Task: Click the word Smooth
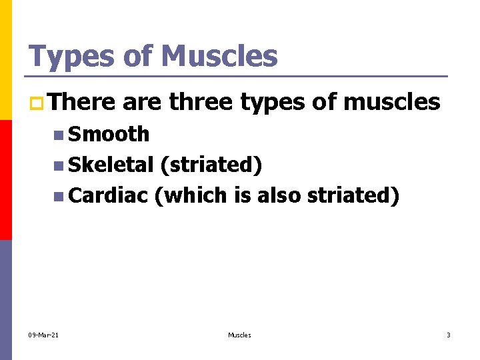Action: (x=109, y=134)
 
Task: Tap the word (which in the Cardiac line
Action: (x=191, y=195)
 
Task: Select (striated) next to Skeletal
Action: (x=211, y=165)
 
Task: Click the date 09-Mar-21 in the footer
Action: (x=43, y=335)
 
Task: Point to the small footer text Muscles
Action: (x=239, y=335)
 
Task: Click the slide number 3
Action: (x=449, y=335)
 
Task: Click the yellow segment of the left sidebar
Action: (x=6, y=60)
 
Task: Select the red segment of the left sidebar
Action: (x=6, y=180)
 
